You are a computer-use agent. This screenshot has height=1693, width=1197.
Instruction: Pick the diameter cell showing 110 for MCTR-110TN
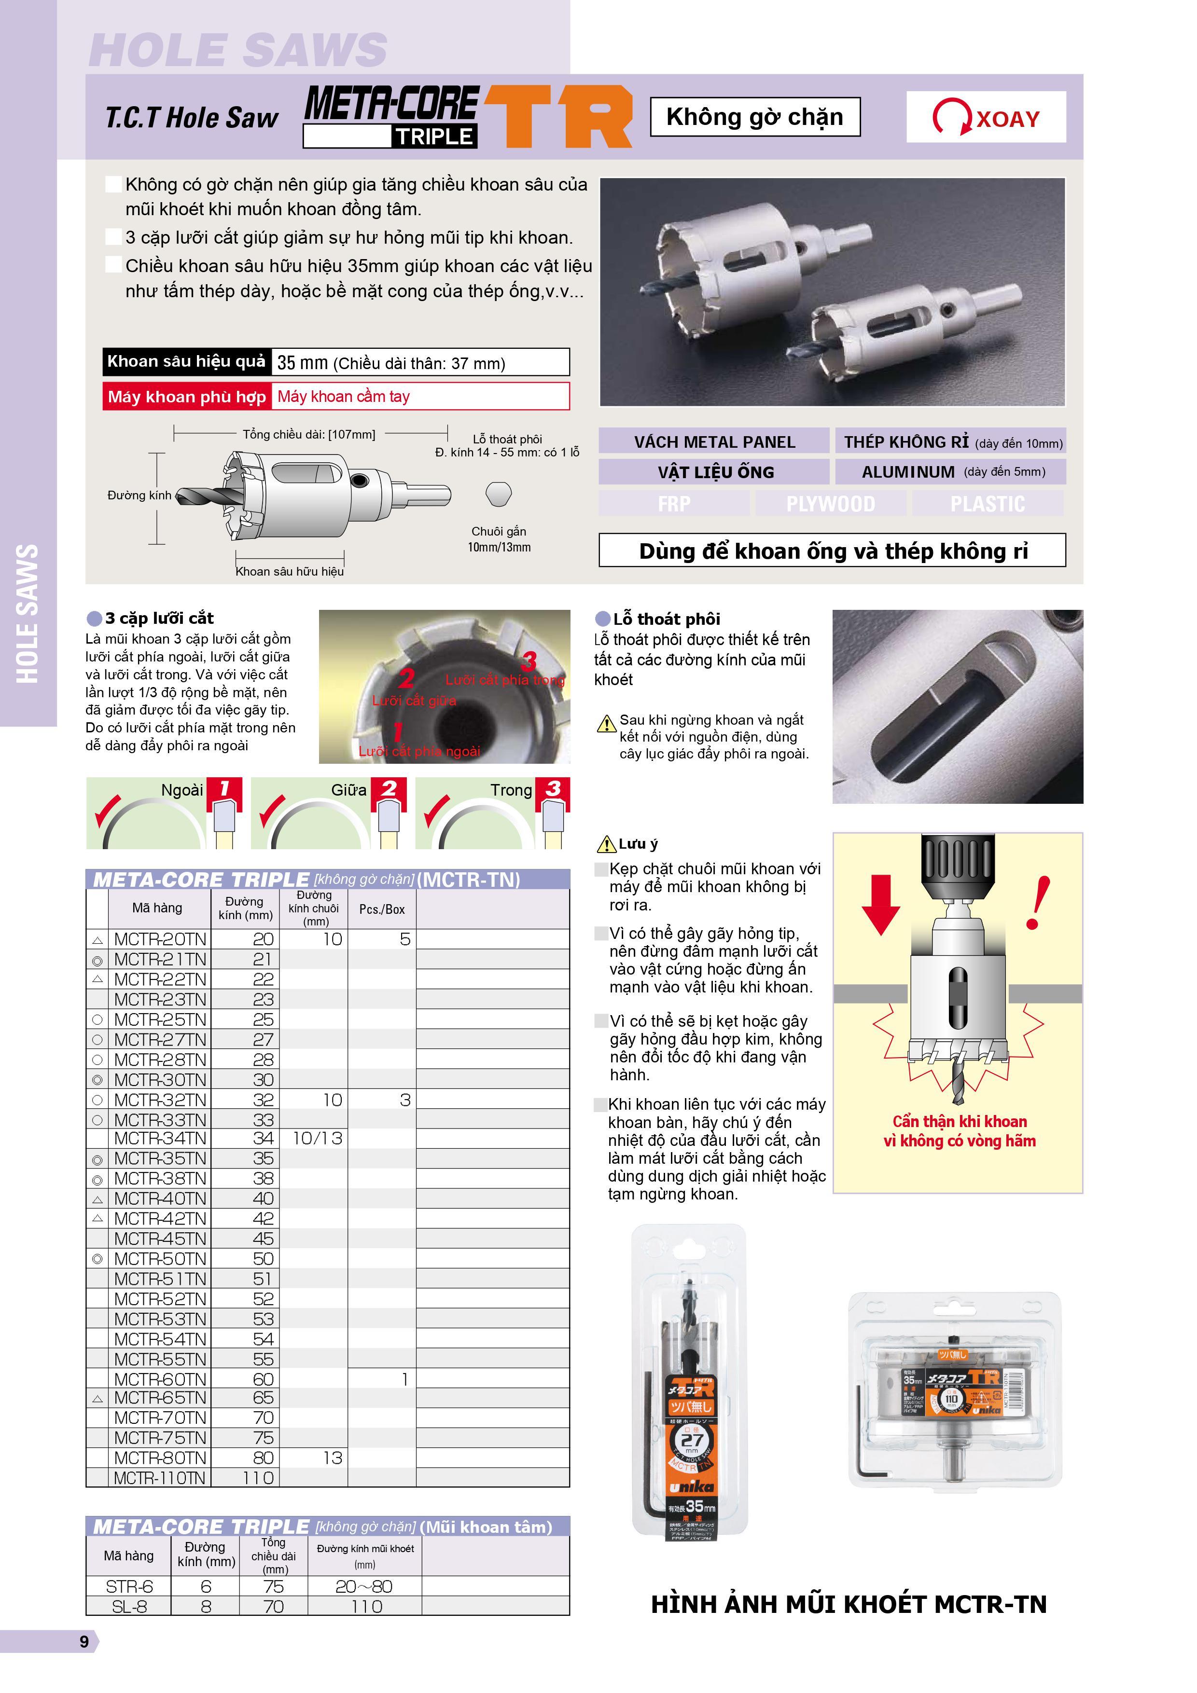pos(257,1478)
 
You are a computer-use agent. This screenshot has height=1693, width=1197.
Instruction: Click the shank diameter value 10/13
pos(317,1139)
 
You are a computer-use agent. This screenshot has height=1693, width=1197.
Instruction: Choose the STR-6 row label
pos(129,1586)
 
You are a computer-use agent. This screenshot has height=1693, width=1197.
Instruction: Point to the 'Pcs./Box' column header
pos(382,909)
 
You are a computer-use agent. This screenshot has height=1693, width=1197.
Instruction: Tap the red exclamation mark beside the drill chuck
pos(1038,903)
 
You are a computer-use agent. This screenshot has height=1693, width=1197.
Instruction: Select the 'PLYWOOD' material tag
pos(831,504)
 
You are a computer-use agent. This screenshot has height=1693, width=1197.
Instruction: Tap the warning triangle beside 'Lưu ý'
pos(606,843)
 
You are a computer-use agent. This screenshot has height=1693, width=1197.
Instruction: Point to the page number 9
pos(84,1641)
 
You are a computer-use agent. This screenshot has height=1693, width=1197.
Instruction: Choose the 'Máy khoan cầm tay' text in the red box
pos(344,397)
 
